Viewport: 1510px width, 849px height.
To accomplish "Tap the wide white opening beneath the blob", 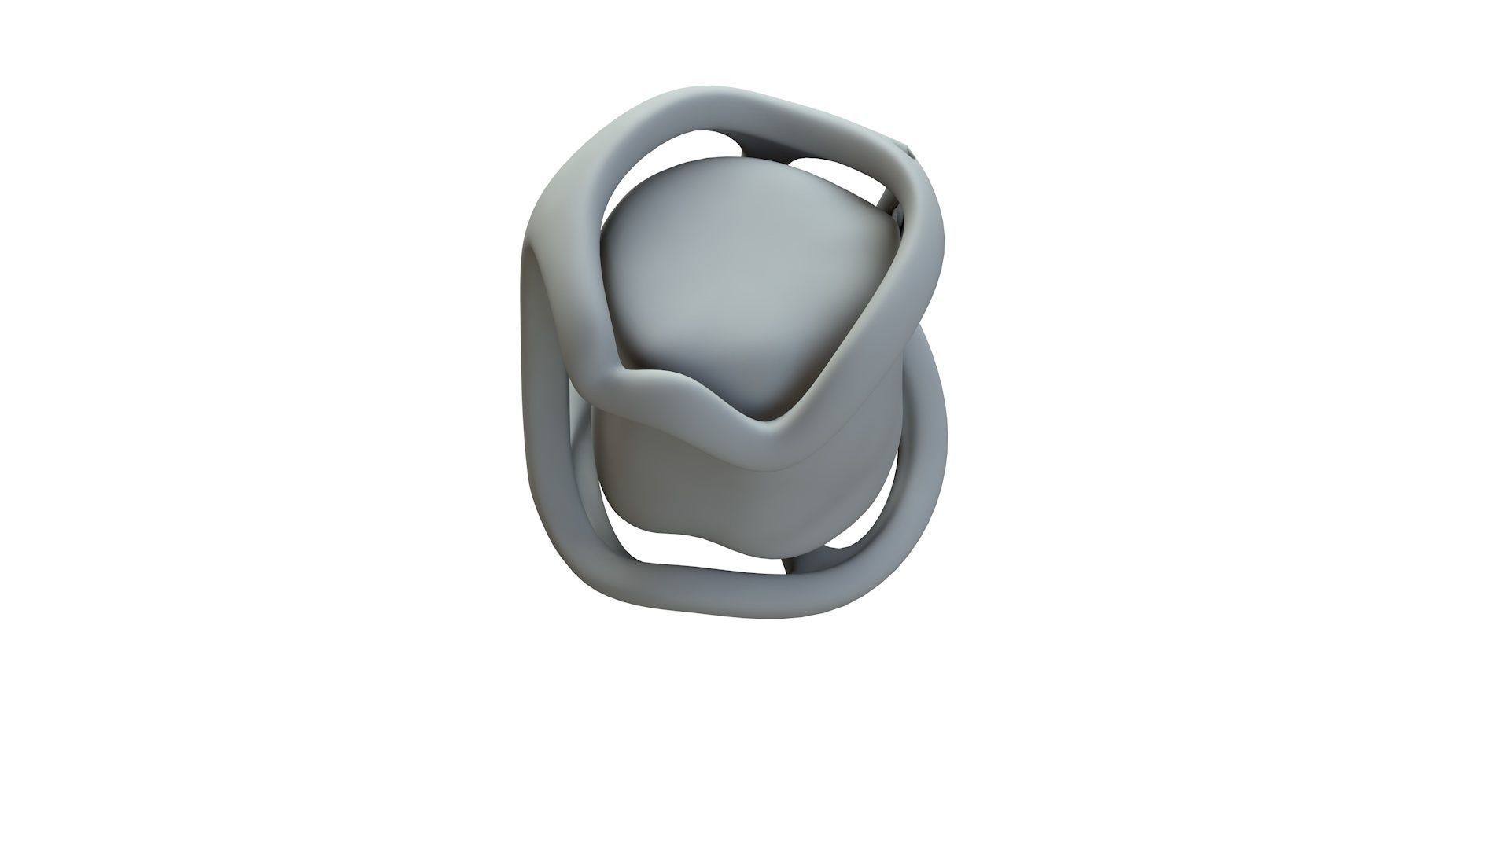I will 708,554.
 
